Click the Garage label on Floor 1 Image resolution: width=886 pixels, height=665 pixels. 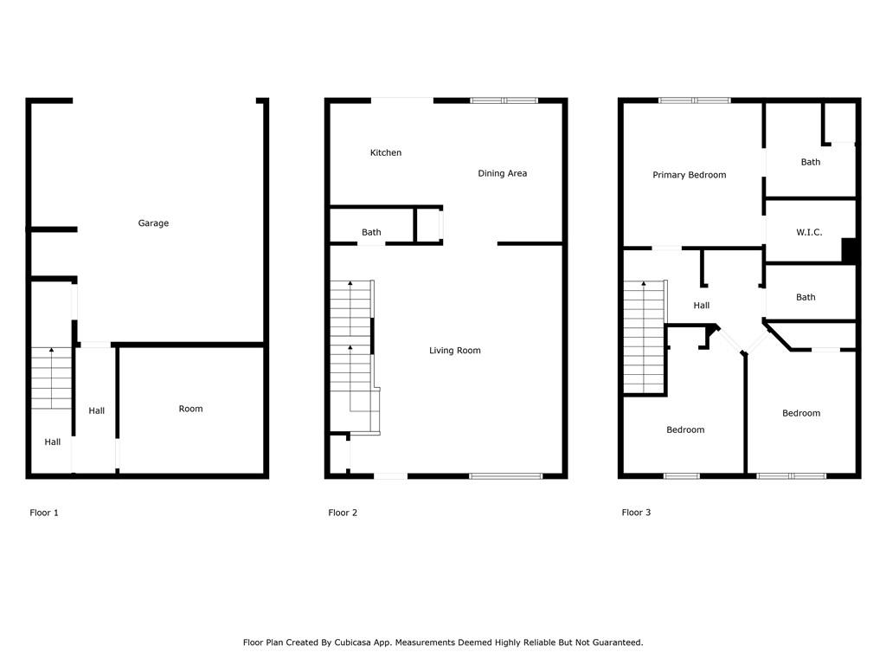(153, 223)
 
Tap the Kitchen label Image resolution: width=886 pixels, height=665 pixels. (386, 152)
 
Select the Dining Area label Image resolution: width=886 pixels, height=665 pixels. (503, 173)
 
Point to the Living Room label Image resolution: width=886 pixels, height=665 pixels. (455, 351)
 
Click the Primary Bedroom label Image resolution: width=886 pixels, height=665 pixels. (690, 175)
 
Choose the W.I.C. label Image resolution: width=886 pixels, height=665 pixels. (809, 232)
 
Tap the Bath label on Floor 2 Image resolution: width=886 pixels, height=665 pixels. (371, 232)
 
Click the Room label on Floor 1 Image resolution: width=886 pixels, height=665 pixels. (190, 409)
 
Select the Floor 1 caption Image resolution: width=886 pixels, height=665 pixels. (44, 513)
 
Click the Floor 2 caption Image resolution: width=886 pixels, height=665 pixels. (343, 513)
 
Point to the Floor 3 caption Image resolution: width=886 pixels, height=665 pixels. (636, 513)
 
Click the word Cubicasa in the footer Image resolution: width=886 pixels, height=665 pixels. (353, 642)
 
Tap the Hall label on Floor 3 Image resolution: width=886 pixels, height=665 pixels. (701, 306)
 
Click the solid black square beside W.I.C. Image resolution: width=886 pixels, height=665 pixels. (850, 250)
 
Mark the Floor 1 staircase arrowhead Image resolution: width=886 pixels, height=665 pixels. (51, 351)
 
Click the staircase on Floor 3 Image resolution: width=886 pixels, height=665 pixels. (644, 337)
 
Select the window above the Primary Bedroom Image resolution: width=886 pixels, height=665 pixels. (695, 100)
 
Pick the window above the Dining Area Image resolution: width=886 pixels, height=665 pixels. (504, 100)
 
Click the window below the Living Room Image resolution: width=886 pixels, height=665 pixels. (505, 476)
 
